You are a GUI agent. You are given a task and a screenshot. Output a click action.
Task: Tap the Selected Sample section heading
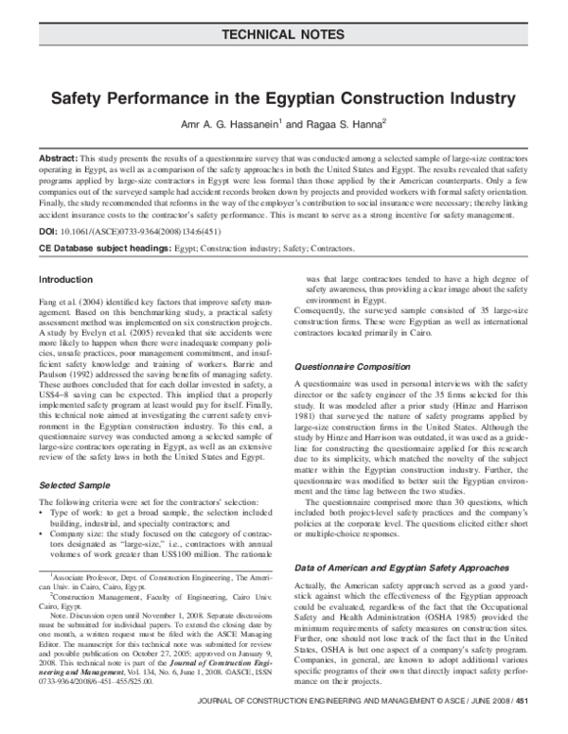(78, 484)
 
